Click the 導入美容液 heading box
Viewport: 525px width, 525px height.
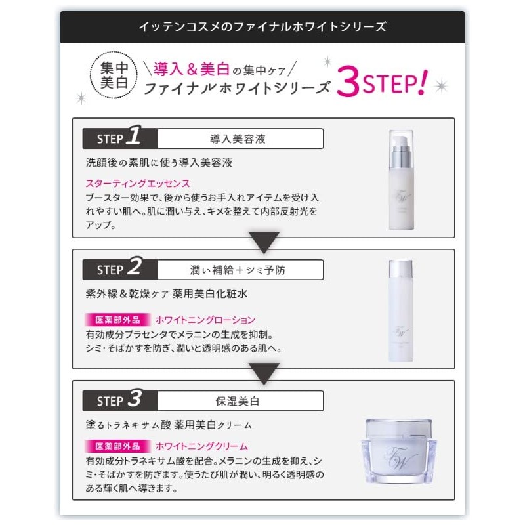point(241,138)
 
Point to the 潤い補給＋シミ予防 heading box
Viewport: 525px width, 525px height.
point(241,270)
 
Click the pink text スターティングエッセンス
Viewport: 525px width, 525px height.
point(138,183)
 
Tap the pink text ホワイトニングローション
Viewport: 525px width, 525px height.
point(205,320)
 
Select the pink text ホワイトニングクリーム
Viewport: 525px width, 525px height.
point(201,445)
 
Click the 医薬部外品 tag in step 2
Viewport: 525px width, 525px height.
point(117,320)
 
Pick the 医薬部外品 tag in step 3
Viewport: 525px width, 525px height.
point(117,445)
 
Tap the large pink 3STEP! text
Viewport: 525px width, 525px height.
point(381,84)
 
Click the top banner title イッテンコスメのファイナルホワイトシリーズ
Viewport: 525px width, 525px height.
point(262,27)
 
